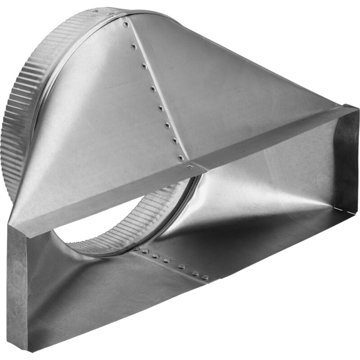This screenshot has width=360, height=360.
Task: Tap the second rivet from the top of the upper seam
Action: [134, 46]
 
